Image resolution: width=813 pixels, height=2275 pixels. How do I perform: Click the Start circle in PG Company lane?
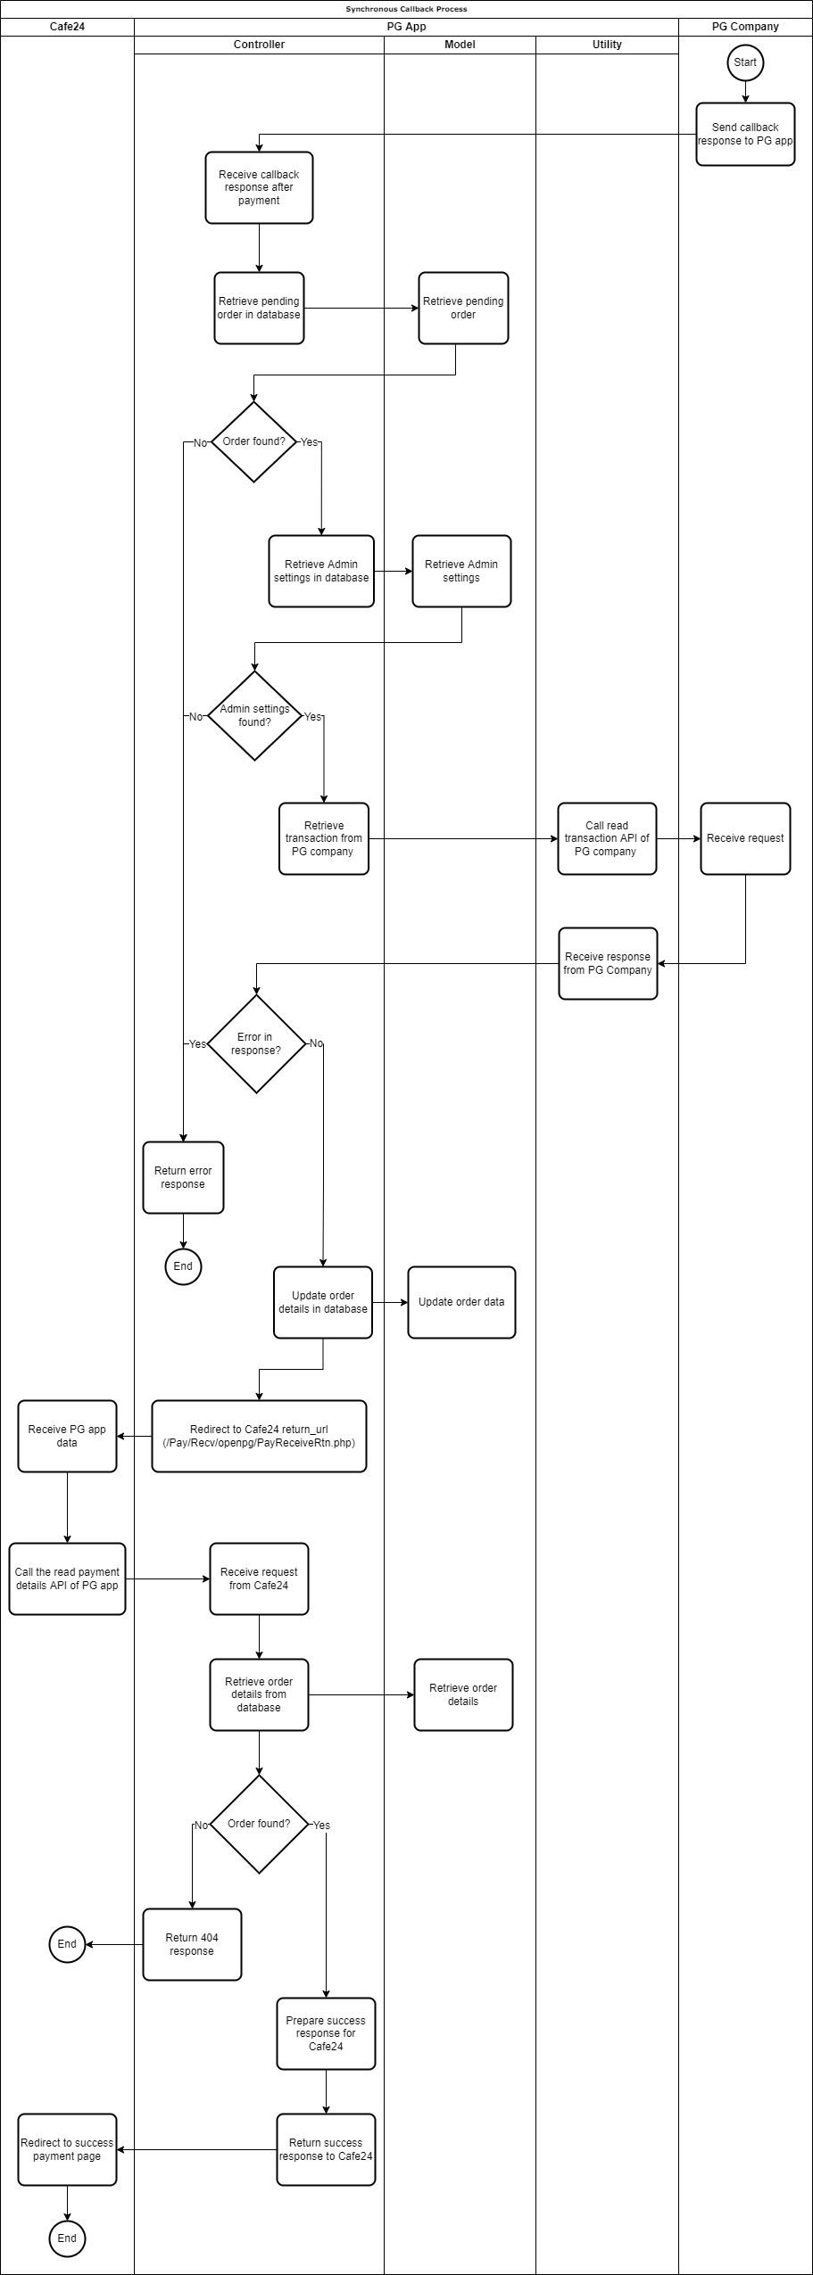(x=745, y=62)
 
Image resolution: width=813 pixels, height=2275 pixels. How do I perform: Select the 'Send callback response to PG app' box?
(x=745, y=134)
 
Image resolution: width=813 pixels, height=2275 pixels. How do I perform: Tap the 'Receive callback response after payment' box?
(x=259, y=187)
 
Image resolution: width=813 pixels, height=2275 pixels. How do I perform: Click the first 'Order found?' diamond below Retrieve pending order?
(x=253, y=441)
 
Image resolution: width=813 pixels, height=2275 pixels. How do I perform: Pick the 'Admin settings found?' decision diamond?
(x=254, y=715)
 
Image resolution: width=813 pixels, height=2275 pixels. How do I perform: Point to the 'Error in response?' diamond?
(x=256, y=1043)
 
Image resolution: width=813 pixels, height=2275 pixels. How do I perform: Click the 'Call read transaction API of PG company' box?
(x=607, y=838)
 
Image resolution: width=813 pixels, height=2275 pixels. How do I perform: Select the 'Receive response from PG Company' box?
(x=608, y=963)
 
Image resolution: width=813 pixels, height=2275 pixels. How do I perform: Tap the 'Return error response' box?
(x=183, y=1177)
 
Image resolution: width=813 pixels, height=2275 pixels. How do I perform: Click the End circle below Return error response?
(x=183, y=1266)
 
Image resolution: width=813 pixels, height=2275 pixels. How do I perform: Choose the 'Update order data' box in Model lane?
(x=461, y=1302)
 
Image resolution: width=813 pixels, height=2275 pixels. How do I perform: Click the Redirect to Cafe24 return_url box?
(x=259, y=1436)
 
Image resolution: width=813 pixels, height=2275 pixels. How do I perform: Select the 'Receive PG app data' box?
(x=67, y=1436)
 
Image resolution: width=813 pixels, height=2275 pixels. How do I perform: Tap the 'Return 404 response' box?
(x=192, y=1944)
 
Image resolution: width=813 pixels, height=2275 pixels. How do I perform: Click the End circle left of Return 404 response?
(x=67, y=1944)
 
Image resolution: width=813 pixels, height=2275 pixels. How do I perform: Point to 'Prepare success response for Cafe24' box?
(x=326, y=2033)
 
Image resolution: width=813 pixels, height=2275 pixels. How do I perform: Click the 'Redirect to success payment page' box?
(x=67, y=2149)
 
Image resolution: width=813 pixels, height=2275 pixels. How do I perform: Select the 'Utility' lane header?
(x=607, y=45)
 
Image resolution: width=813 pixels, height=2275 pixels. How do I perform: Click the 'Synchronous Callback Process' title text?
(x=406, y=9)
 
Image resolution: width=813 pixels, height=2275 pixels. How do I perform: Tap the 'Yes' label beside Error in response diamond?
(x=197, y=1043)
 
